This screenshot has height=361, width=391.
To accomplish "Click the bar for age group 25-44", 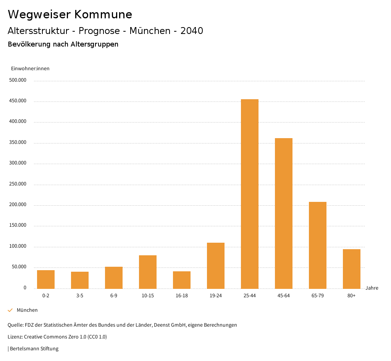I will click(x=250, y=194).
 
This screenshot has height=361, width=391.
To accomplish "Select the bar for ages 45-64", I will click(x=284, y=213).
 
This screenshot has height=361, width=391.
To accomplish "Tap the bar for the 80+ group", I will click(x=352, y=269).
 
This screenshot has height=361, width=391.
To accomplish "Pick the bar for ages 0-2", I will click(x=46, y=279).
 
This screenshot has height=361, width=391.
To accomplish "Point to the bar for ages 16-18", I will click(x=182, y=280).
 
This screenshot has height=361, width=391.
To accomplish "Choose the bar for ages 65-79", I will click(x=318, y=245).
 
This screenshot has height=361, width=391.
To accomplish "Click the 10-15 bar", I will click(x=148, y=272).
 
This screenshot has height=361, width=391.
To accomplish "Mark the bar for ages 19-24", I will click(x=216, y=266).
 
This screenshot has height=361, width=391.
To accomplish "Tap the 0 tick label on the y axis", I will click(x=25, y=288).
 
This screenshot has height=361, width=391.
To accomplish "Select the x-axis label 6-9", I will click(x=114, y=296).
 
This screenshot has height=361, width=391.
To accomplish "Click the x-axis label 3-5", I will click(x=80, y=296).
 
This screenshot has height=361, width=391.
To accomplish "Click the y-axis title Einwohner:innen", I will click(x=30, y=69).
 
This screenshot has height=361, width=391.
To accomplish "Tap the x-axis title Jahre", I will click(x=372, y=288).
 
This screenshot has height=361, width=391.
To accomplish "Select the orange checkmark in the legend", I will click(x=10, y=310).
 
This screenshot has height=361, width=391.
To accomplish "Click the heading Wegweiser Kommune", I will click(x=70, y=15).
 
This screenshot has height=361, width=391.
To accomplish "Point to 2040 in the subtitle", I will click(x=192, y=31).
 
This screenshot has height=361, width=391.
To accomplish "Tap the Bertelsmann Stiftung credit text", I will click(x=34, y=349).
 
